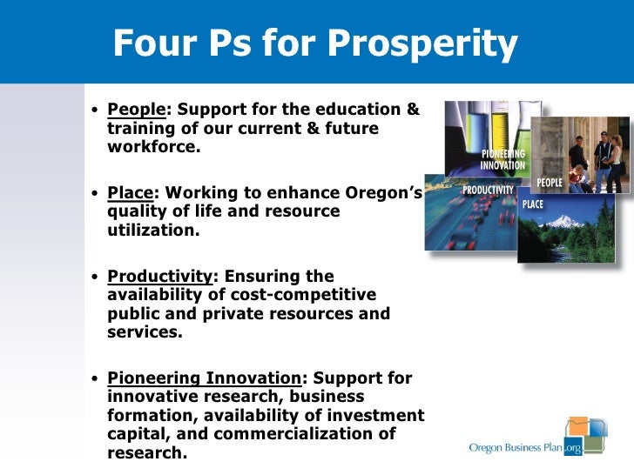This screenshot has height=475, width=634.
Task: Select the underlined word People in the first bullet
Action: click(x=136, y=111)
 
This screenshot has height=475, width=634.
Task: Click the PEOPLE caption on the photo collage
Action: click(x=549, y=183)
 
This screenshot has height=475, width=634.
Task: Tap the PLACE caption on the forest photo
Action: click(x=533, y=204)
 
